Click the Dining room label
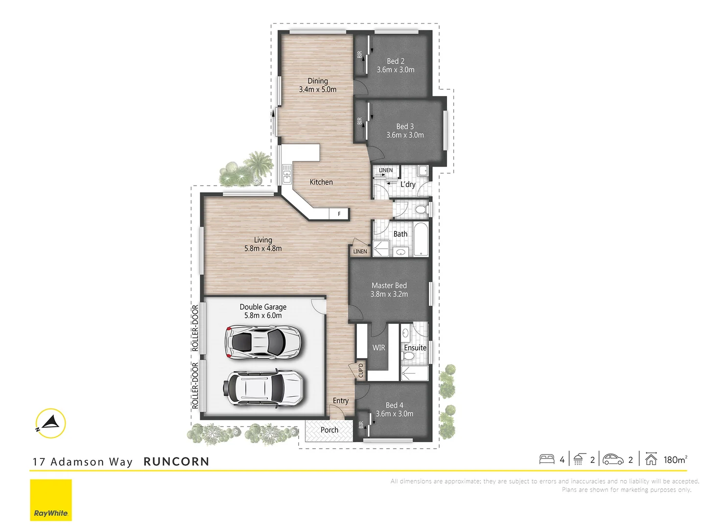(x=318, y=81)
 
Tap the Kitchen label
(x=321, y=182)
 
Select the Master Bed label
(x=389, y=286)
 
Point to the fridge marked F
(x=339, y=214)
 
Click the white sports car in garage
(x=262, y=341)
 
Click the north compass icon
(x=50, y=423)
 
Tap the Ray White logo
(x=51, y=500)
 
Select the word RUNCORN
(x=176, y=461)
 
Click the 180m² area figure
(x=675, y=459)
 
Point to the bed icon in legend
(x=546, y=459)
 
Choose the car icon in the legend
(x=613, y=459)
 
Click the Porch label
(x=329, y=430)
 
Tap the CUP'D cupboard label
(x=361, y=371)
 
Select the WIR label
(x=379, y=348)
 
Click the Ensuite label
(x=415, y=348)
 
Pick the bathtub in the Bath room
(x=421, y=240)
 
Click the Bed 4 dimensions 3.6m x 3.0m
(x=395, y=414)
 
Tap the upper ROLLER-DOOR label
(x=195, y=328)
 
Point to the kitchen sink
(x=287, y=174)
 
